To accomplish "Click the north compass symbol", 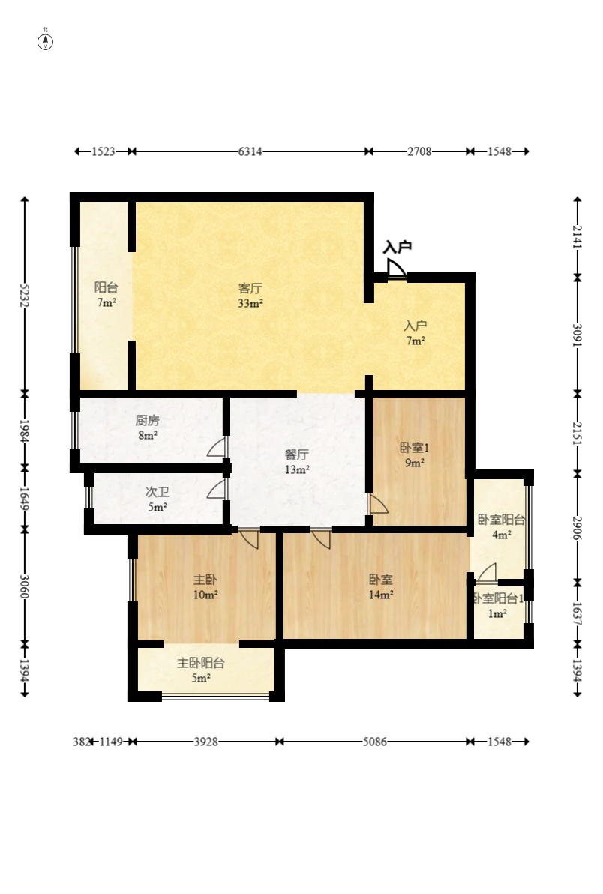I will (46, 41).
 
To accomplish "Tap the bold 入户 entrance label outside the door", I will (397, 247).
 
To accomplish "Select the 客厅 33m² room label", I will (250, 295).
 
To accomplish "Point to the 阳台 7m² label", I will (106, 295).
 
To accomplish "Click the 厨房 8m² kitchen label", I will (147, 427).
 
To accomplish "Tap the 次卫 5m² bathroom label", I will (156, 499).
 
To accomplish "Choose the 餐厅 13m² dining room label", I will (297, 462).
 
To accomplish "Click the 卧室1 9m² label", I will (414, 455).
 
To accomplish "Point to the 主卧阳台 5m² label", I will (200, 670).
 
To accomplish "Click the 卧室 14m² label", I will (381, 587).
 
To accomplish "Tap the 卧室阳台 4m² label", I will (501, 527).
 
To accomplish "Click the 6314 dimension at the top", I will (250, 151).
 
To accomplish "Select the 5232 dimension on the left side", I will (25, 295).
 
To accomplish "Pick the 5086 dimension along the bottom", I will (374, 742).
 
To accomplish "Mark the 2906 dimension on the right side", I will (577, 528).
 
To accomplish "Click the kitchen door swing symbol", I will (217, 447).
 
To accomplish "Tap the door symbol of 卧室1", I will (377, 504).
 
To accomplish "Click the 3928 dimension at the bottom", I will (205, 742).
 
